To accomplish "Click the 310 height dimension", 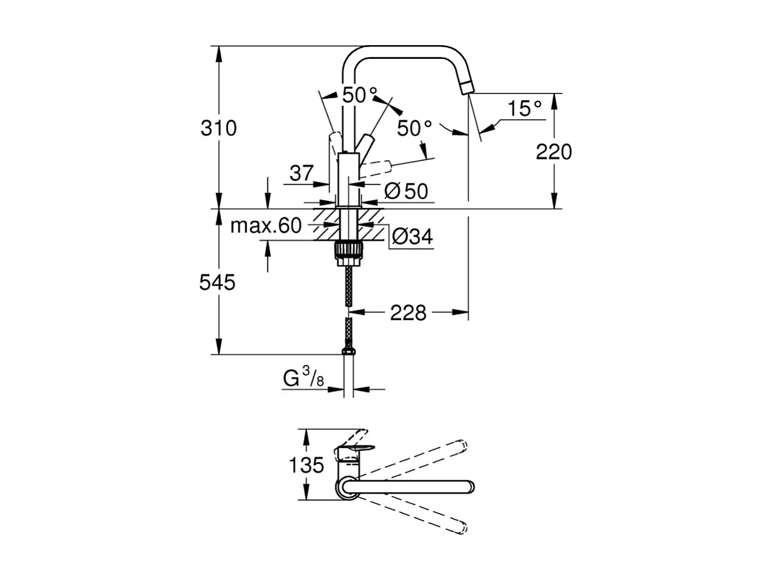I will [218, 128].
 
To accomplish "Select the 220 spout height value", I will [553, 152].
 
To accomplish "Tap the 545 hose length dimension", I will [218, 283].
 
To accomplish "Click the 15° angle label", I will [525, 109].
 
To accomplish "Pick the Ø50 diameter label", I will [405, 191].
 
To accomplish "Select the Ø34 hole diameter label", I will [411, 237].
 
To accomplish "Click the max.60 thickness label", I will [265, 226].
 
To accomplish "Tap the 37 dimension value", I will [301, 173].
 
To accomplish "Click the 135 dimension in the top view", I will [307, 466].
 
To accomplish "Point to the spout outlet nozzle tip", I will [466, 88].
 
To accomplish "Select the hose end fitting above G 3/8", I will [349, 352].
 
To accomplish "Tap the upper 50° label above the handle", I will [360, 95].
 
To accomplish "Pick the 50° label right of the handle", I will [414, 128].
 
